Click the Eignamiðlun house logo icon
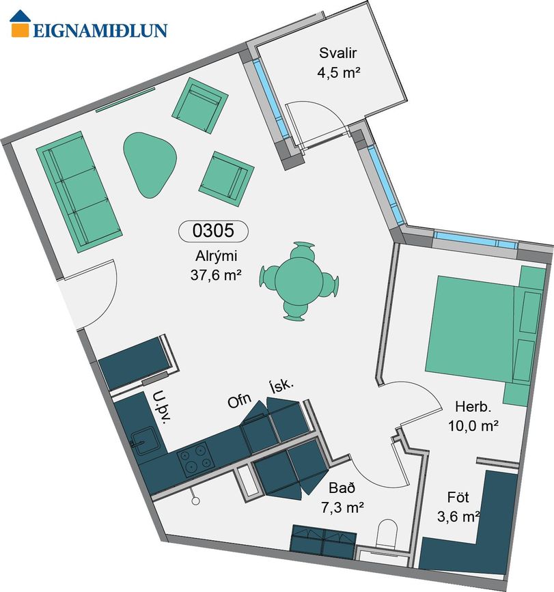point(20,23)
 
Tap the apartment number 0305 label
point(213,230)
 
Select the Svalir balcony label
point(337,53)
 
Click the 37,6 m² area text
point(216,275)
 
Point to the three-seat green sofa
point(79,191)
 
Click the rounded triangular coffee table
point(150,165)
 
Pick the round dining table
point(299,281)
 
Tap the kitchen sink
point(143,440)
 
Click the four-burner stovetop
point(195,458)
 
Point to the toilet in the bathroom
point(387,534)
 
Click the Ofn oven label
point(239,400)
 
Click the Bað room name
point(342,488)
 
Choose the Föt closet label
point(458,497)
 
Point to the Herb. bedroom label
point(473,407)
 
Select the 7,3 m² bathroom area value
point(342,507)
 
